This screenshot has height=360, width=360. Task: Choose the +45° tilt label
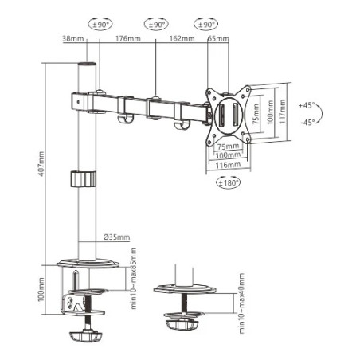[307, 105]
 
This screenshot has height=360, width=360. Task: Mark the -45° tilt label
[307, 122]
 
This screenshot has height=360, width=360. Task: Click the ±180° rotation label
[228, 182]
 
